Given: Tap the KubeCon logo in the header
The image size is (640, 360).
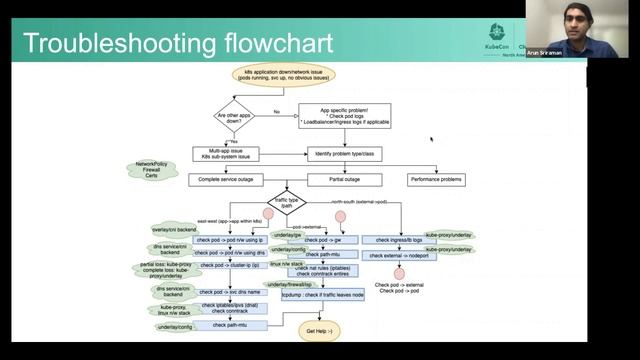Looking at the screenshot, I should coord(497,34).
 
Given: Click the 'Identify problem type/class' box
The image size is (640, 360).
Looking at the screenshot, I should coord(344,155).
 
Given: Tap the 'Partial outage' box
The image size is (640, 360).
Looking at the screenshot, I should coord(344,180).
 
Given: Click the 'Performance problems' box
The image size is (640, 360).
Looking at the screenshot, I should coord(437,180).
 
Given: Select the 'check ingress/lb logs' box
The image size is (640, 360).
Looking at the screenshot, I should coord(392,240).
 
